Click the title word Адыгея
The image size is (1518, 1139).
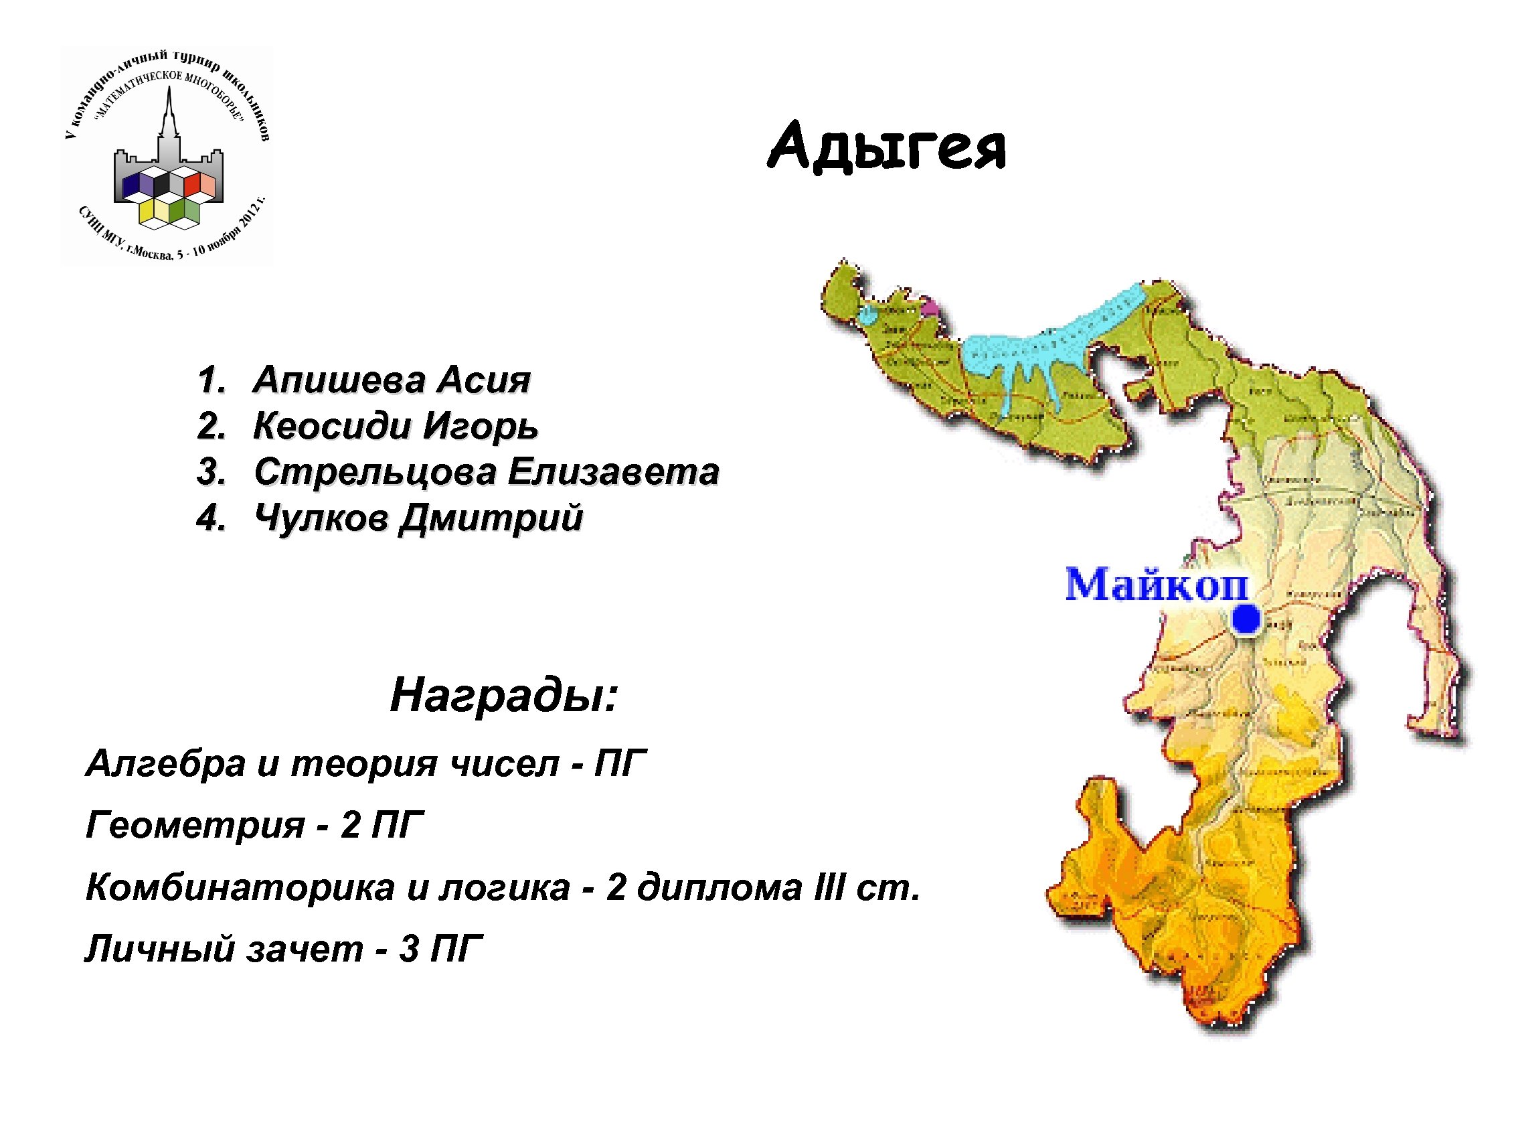[887, 147]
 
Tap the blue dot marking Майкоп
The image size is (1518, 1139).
[1246, 619]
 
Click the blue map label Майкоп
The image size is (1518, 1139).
[1157, 585]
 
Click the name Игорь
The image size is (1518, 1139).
[481, 427]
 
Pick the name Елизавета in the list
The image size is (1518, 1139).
[614, 471]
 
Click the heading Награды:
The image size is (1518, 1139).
[504, 695]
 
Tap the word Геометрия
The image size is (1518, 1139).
[195, 824]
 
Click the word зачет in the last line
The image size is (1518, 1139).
[305, 949]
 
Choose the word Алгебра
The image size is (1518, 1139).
[165, 763]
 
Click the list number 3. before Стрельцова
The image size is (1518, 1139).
[212, 472]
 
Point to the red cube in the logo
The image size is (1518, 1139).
[191, 184]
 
